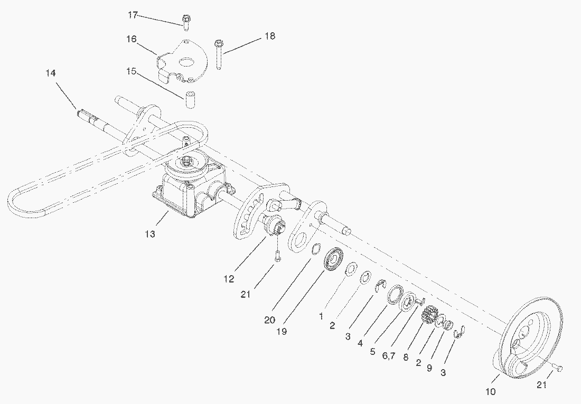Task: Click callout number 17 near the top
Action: point(133,15)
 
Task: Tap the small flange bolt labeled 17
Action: point(186,22)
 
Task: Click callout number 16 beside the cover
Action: point(132,39)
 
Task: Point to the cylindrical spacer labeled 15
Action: point(190,99)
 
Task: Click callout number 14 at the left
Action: point(51,73)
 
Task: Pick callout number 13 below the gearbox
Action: point(150,234)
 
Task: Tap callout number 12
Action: point(229,279)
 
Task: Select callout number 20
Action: point(269,320)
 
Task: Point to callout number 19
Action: point(282,331)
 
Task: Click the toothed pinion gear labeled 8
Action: point(428,314)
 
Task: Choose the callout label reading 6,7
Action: point(388,356)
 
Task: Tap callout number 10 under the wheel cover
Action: point(490,391)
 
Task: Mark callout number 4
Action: point(360,344)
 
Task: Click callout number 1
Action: point(321,316)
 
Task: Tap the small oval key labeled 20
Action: point(315,249)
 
